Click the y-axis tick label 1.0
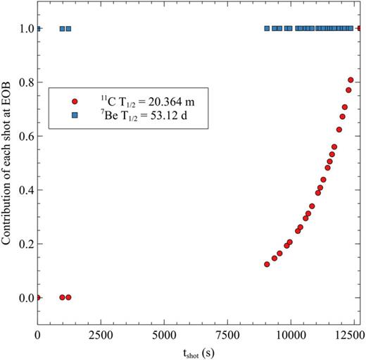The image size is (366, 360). point(25,29)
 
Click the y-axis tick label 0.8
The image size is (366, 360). point(25,82)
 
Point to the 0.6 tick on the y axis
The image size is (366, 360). point(25,137)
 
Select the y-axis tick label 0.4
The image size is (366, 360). point(25,190)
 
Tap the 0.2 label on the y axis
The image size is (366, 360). point(25,244)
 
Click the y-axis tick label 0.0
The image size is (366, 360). point(25,298)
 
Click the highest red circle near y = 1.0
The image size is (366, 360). point(360,29)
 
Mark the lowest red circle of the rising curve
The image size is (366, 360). point(267,264)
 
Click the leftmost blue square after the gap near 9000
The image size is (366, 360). point(267,29)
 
